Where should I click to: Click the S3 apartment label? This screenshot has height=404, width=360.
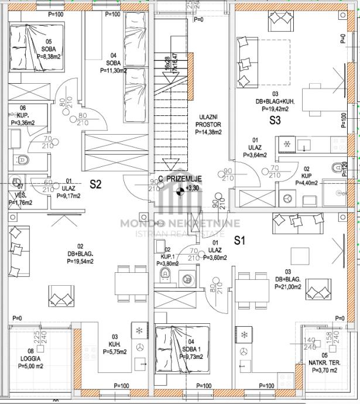[275, 121]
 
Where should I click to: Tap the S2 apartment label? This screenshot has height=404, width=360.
[95, 184]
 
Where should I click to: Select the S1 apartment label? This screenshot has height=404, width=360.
[239, 240]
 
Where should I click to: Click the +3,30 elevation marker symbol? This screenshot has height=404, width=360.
[180, 189]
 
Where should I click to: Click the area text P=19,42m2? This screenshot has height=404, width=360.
[275, 108]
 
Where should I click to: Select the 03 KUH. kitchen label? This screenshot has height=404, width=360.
[115, 344]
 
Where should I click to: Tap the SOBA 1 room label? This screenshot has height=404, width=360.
[191, 349]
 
